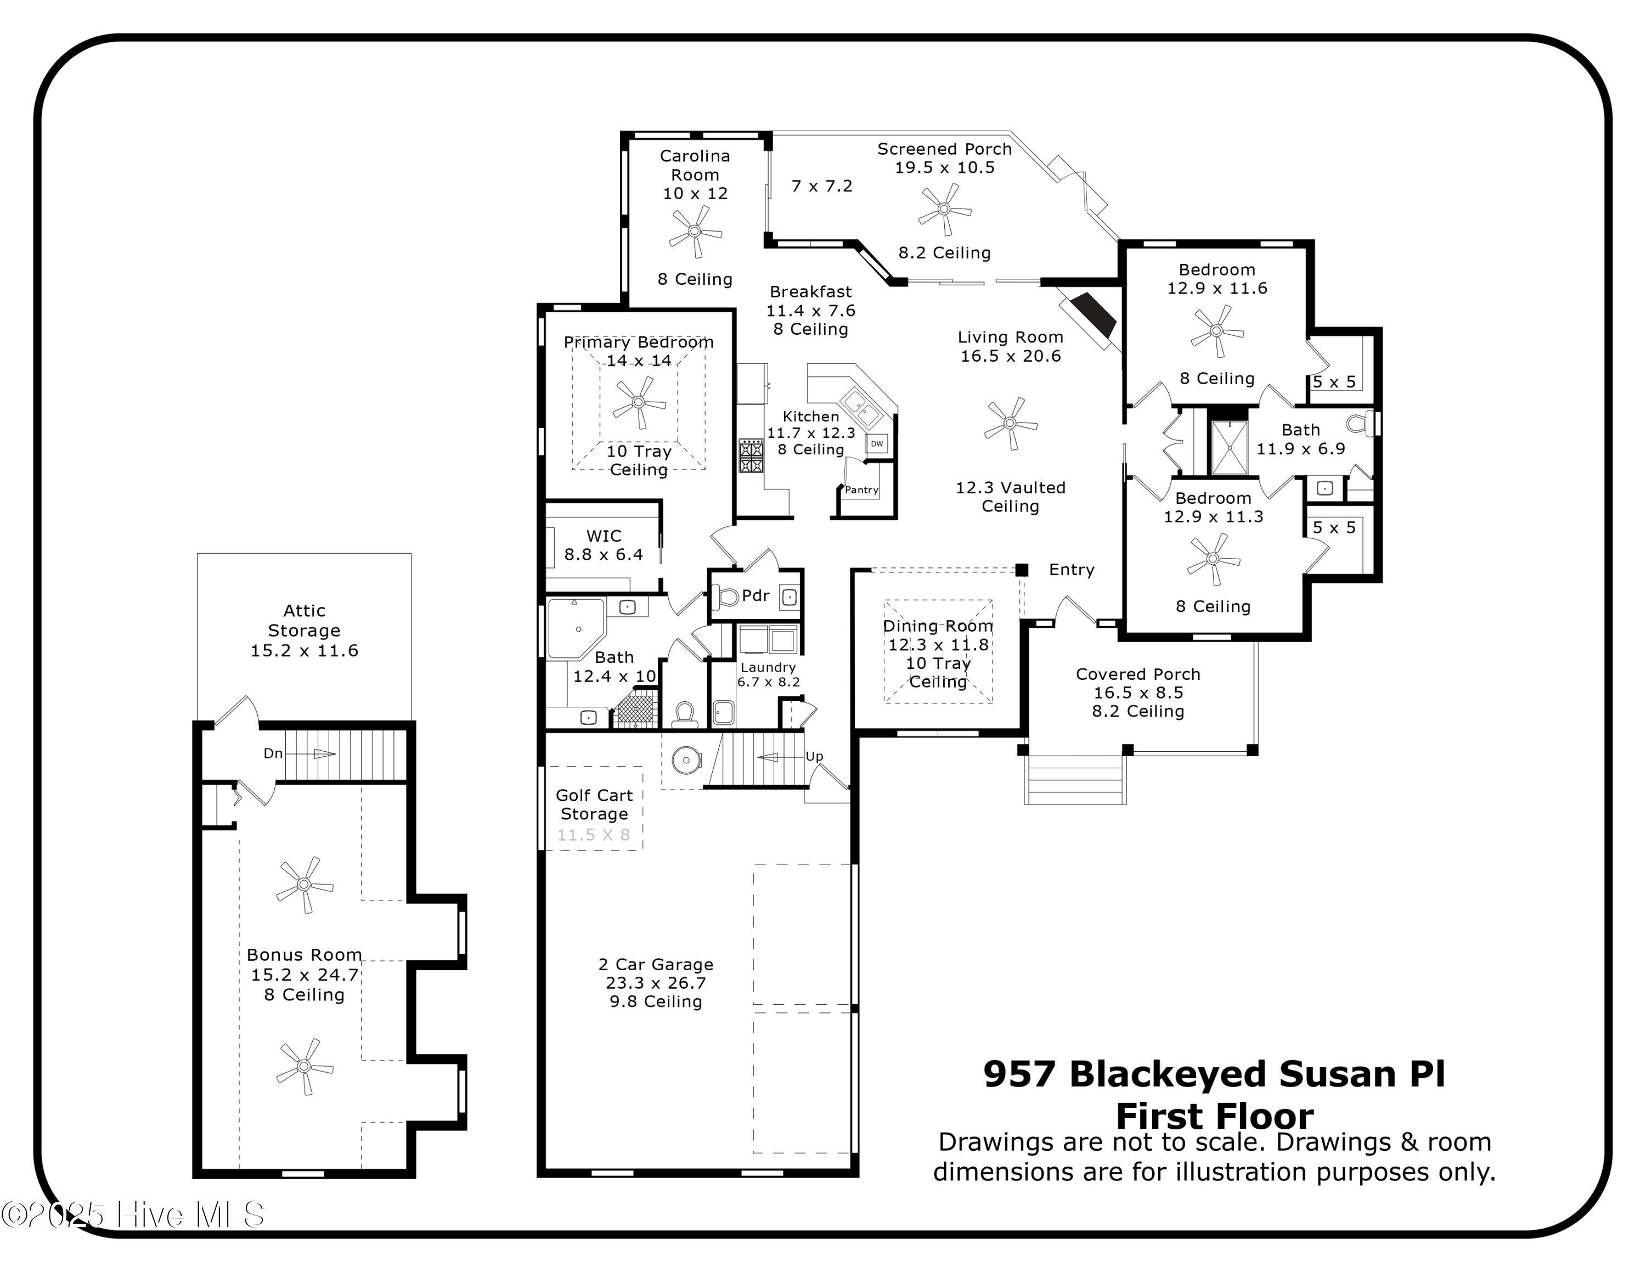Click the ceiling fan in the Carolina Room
point(695,232)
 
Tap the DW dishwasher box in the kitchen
point(877,444)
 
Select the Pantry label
point(861,490)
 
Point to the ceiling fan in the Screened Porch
point(944,210)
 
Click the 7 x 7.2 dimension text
point(821,186)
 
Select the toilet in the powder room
point(726,598)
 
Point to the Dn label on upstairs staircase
point(273,753)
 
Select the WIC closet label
point(604,536)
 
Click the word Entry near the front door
point(1071,570)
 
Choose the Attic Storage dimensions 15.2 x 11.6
point(304,650)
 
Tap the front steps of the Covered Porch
point(1075,779)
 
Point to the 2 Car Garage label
point(655,965)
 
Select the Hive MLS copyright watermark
point(133,1215)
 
